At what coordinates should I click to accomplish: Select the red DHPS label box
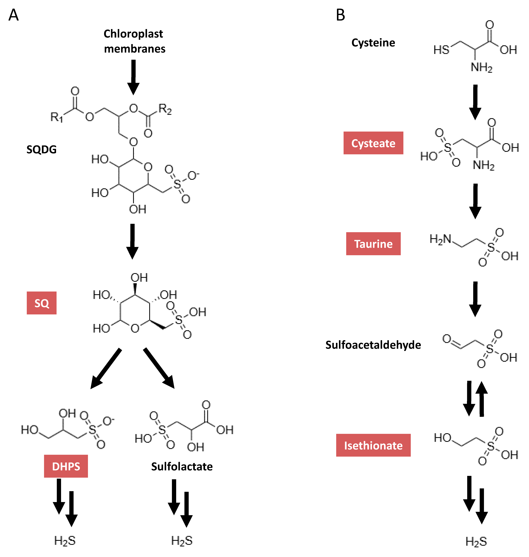(66, 466)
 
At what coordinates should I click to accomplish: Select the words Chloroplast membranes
(134, 41)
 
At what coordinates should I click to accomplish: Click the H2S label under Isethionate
(476, 541)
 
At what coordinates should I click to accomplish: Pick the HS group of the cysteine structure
(441, 50)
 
